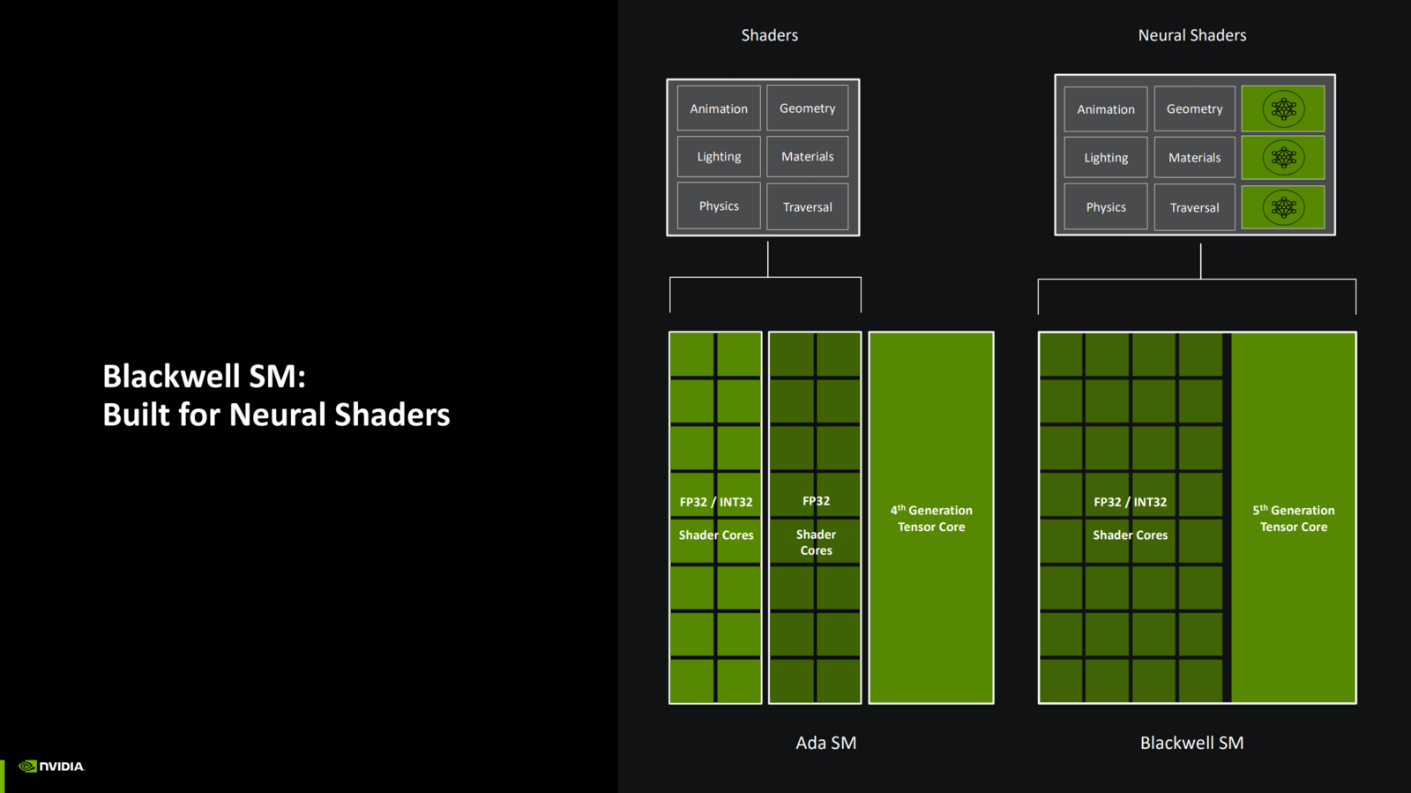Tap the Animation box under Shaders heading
719,108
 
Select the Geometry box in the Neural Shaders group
1194,109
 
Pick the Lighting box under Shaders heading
719,157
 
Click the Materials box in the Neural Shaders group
1194,158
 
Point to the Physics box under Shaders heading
719,206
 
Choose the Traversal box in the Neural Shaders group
1194,208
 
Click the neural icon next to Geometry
1283,108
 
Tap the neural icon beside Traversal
1283,208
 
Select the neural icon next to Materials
1283,158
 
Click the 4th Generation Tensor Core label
931,519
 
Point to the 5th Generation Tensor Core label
1293,519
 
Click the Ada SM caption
825,743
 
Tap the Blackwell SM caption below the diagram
1191,743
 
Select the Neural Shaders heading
1191,35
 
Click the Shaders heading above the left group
769,35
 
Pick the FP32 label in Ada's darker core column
816,501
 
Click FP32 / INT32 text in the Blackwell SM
1130,502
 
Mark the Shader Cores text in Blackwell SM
1130,535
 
